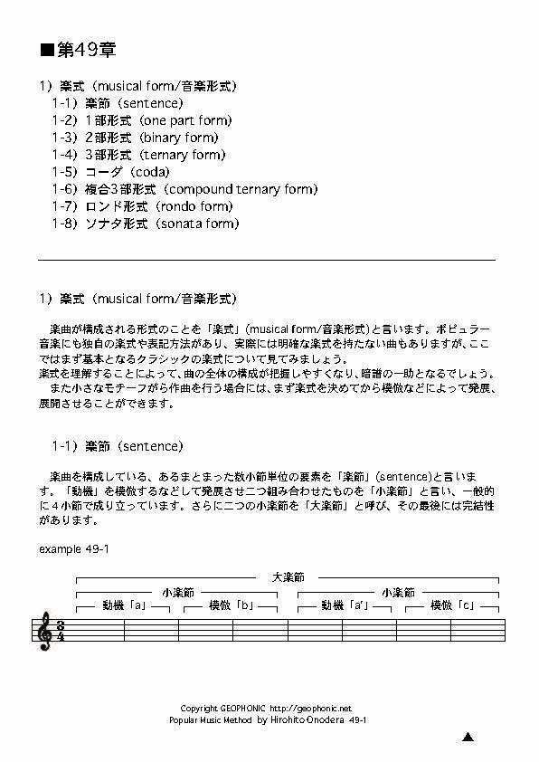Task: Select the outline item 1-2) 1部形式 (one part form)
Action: [141, 120]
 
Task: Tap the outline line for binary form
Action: [135, 138]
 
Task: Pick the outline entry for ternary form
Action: [138, 155]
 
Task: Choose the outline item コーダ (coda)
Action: [110, 172]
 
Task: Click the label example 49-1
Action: [75, 549]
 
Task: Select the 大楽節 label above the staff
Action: [288, 576]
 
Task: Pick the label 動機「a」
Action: [124, 605]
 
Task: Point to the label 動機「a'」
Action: [342, 605]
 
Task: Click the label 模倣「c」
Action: [452, 605]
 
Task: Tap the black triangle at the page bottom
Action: [468, 738]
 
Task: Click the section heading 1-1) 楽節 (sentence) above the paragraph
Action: [117, 446]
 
